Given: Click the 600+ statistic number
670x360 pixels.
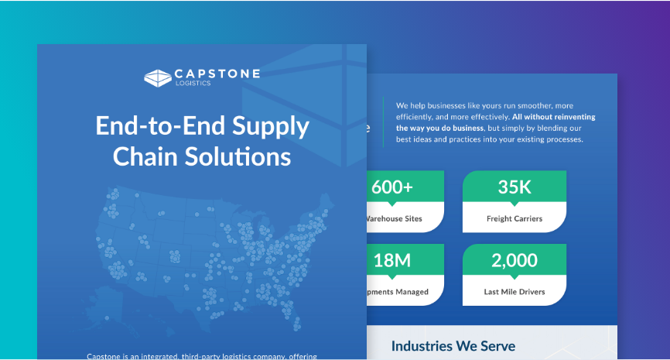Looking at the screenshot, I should pos(392,187).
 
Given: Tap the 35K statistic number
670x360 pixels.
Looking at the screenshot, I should pos(514,187).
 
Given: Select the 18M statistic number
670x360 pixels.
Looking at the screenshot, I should pos(391,261).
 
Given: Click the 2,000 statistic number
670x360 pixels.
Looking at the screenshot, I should pos(514,261).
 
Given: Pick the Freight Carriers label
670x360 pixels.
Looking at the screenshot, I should pos(514,218).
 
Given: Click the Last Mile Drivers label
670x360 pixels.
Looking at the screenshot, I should pos(514,292).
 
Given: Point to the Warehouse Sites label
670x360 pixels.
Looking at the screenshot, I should pos(395,218).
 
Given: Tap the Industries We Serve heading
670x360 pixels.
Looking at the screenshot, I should pos(453,346).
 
